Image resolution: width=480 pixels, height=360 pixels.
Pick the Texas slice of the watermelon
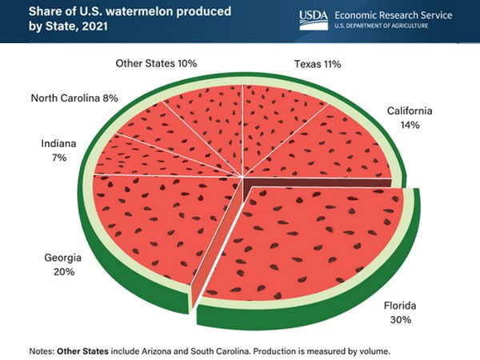(276, 120)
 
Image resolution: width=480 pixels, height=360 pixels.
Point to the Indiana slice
(140, 160)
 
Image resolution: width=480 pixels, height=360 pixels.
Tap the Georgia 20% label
(59, 265)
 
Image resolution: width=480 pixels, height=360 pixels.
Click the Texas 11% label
(318, 63)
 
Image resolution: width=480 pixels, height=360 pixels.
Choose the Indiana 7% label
(59, 150)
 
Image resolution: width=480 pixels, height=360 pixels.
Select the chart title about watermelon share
(104, 19)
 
